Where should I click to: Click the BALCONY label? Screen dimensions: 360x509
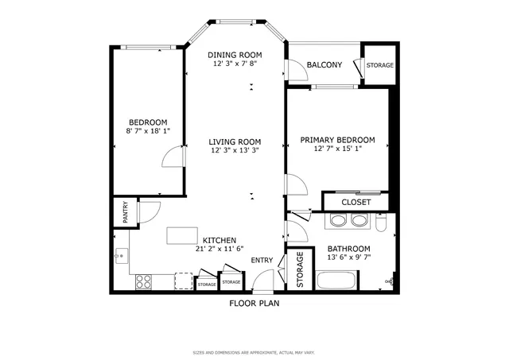(324, 64)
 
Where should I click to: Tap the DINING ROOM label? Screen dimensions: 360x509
(235, 55)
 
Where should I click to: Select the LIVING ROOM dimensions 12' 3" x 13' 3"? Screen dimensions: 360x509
(235, 149)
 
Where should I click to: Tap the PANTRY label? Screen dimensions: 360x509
(125, 213)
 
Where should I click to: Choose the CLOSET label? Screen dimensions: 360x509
(356, 202)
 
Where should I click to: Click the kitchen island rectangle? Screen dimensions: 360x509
(181, 236)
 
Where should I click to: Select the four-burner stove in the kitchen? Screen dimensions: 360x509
(144, 281)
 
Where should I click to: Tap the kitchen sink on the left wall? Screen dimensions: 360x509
(122, 255)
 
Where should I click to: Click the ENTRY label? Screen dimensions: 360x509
(262, 261)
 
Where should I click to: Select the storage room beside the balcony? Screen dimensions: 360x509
(379, 64)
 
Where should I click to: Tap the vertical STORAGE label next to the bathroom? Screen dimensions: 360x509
(300, 270)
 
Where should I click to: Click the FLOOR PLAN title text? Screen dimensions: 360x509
(254, 303)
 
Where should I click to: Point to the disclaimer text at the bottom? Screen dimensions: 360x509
(254, 352)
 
